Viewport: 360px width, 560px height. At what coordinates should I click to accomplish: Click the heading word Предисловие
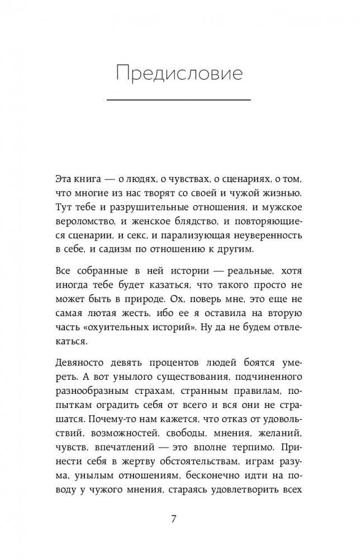179,73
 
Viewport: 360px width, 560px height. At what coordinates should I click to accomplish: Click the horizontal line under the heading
178,100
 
